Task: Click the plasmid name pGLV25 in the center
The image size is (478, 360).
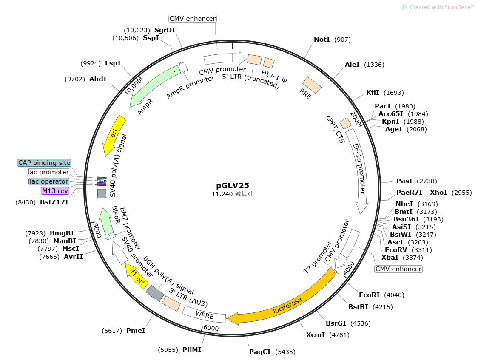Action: coord(232,185)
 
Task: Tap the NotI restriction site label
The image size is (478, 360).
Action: coord(322,40)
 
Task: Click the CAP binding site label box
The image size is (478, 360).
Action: coord(44,163)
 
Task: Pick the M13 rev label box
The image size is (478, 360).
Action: coord(55,191)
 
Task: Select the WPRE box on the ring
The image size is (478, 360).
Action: coord(204,314)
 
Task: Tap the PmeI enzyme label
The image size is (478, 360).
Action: coord(136,330)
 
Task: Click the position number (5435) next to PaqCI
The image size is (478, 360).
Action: coord(285,352)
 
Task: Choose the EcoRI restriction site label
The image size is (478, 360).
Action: coord(370,295)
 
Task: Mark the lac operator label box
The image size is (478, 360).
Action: coord(49,181)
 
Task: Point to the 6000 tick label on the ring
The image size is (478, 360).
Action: coord(211,329)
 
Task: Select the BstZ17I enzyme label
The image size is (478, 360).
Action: coord(54,202)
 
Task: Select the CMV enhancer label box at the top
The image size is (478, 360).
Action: coord(193,19)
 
